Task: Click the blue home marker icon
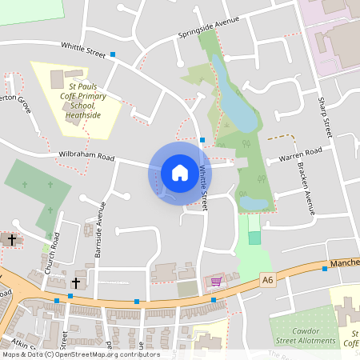[x=179, y=172]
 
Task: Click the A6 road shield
[x=267, y=278]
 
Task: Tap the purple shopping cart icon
[x=215, y=281]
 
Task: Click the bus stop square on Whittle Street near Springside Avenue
[x=113, y=55]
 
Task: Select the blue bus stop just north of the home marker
[x=202, y=140]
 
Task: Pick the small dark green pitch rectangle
[x=254, y=238]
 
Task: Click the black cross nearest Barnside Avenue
[x=77, y=282]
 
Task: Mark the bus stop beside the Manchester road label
[x=324, y=269]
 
